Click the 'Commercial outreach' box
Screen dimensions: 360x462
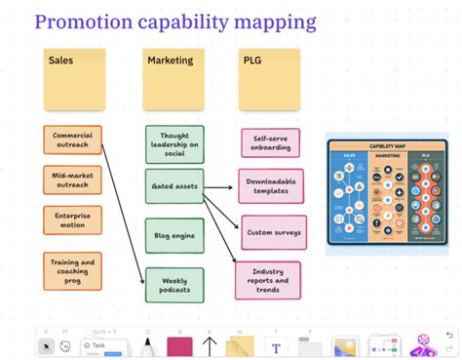[72, 139]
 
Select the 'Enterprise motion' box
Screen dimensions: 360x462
[72, 220]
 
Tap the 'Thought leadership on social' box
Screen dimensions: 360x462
[174, 144]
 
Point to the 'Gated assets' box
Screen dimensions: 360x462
[174, 185]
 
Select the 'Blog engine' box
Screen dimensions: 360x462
[174, 235]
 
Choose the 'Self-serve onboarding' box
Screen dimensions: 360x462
[270, 142]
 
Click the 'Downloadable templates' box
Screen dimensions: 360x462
[270, 185]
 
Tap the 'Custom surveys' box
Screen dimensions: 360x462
[272, 232]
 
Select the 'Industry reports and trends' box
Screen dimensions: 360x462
[268, 281]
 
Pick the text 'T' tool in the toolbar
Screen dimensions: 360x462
[276, 346]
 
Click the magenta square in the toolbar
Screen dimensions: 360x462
[178, 346]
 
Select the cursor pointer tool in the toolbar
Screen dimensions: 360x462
[46, 346]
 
